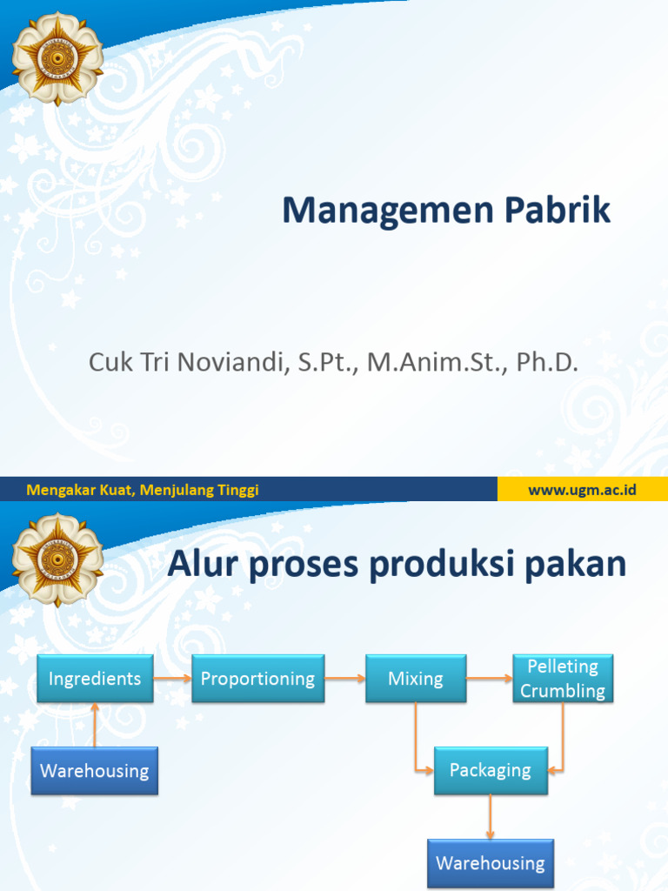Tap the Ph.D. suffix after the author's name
tap(547, 362)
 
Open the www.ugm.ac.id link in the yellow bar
tap(582, 490)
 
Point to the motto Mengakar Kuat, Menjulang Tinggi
tap(143, 490)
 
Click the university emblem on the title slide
tap(57, 57)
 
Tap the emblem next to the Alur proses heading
tap(57, 559)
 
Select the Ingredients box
tap(95, 679)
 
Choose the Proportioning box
tap(257, 679)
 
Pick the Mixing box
tap(415, 679)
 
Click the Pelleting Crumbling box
tap(562, 679)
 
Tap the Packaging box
tap(491, 770)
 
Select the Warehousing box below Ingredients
tap(94, 770)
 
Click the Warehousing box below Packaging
tap(490, 863)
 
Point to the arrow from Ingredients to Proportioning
tap(172, 679)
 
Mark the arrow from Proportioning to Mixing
tap(344, 679)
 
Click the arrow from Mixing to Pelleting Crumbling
tap(489, 679)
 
